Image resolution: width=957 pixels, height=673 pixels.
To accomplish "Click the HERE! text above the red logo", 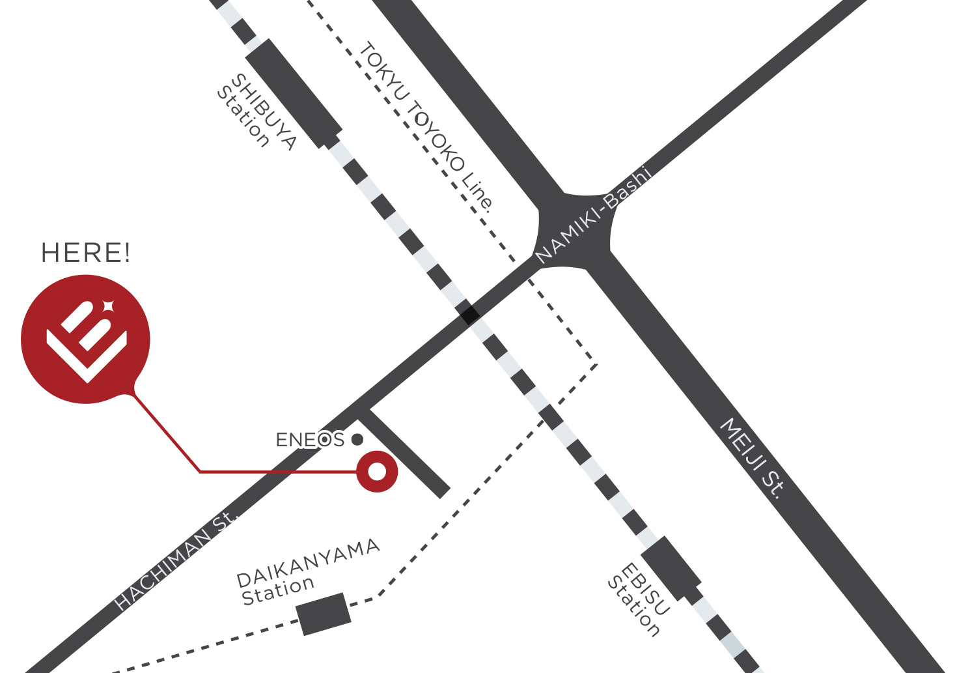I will tap(85, 253).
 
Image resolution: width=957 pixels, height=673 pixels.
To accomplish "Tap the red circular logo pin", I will tap(85, 339).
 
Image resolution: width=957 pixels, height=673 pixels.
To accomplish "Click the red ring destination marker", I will tap(377, 471).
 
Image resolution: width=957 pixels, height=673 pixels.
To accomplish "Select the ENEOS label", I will tap(310, 440).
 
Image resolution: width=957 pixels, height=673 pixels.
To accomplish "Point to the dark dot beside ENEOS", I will tap(357, 440).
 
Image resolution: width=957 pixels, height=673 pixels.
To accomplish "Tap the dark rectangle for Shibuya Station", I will tap(294, 93).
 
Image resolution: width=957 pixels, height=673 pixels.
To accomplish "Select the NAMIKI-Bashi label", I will tap(592, 215).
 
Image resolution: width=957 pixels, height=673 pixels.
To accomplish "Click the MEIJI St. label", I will tap(752, 458).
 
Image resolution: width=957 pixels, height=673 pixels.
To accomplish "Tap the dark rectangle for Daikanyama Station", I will tap(324, 614).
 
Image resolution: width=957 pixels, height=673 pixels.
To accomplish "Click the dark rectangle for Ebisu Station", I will tap(671, 567).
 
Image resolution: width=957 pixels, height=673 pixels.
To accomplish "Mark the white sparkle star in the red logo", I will tap(109, 305).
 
